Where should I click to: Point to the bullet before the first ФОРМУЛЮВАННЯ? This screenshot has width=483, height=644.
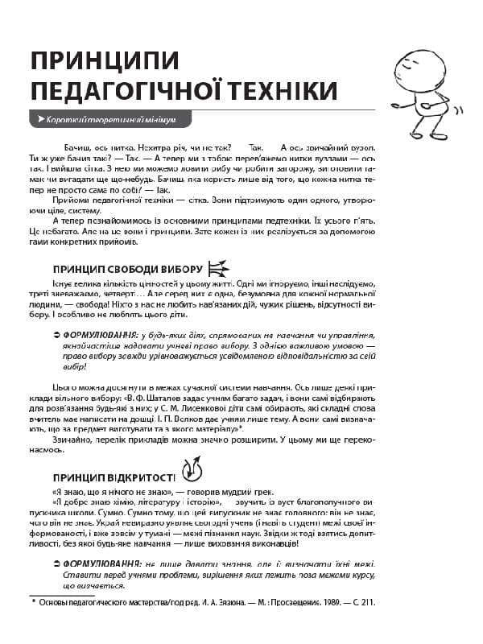click(x=55, y=333)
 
